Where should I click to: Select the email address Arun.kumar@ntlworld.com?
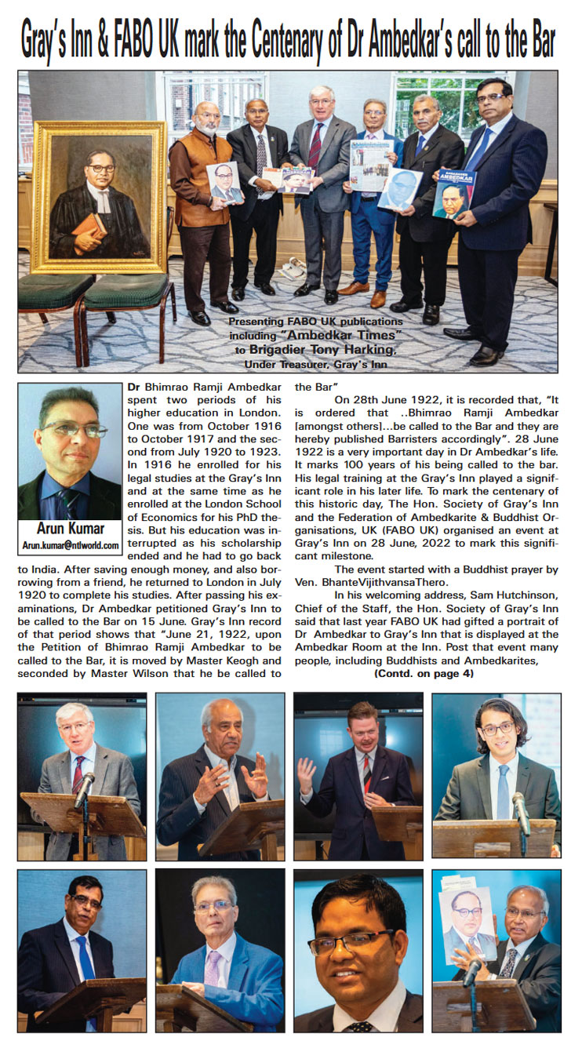[70, 545]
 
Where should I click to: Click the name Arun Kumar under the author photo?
[70, 529]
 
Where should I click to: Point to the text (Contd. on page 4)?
[424, 674]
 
